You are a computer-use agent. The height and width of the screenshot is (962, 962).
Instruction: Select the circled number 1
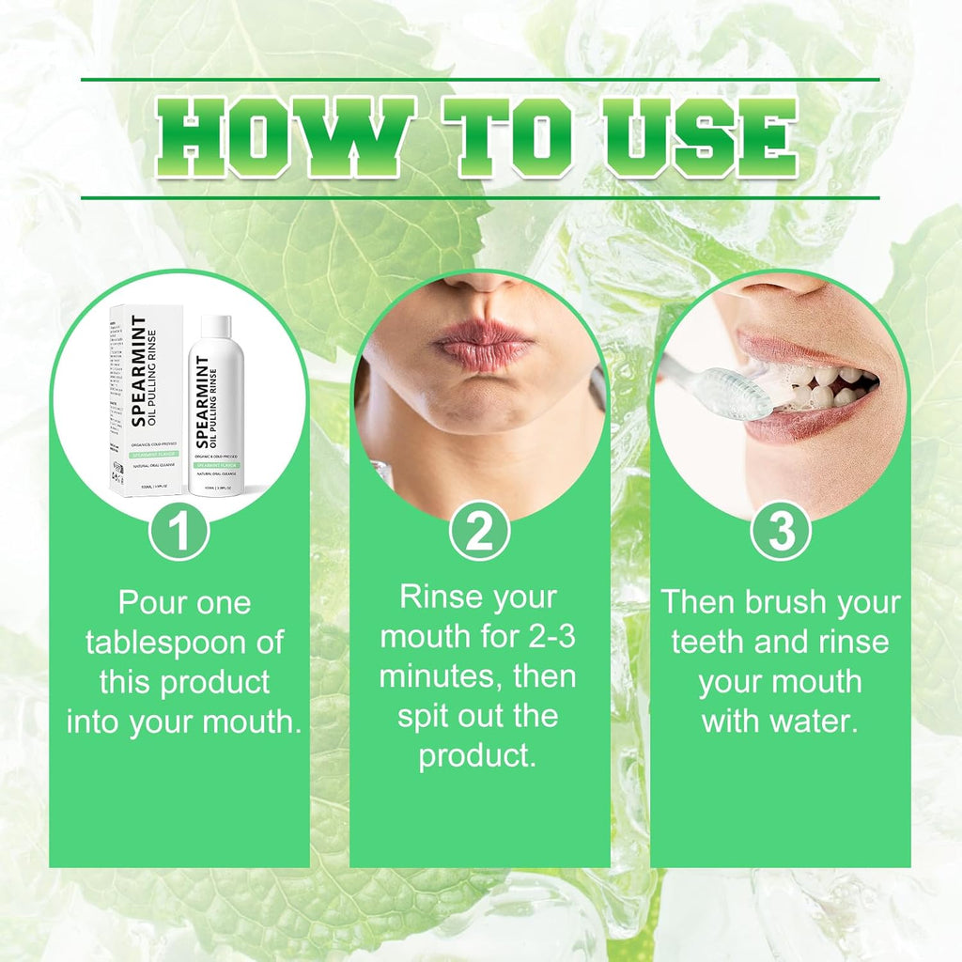[179, 533]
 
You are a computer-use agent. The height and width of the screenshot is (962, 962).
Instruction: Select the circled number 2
[479, 533]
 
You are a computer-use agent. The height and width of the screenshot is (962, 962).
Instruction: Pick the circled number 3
[781, 533]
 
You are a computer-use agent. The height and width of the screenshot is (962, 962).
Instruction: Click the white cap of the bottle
[216, 326]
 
